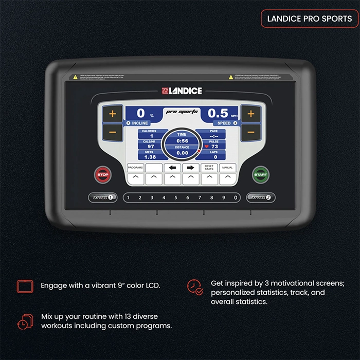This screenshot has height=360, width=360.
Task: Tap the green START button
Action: [260, 174]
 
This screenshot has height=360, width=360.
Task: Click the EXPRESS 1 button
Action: [102, 197]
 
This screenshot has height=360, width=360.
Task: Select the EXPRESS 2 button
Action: [260, 197]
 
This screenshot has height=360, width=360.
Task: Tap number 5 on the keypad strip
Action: [176, 197]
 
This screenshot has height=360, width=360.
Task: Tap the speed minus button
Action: [250, 132]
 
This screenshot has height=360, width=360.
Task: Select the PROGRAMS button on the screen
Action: [135, 168]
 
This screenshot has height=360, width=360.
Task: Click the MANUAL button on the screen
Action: [227, 168]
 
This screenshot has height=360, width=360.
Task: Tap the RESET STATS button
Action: [209, 168]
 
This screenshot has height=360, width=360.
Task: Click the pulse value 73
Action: [214, 147]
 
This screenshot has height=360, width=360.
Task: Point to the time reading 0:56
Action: [182, 140]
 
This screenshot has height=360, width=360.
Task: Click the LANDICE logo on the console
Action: [182, 92]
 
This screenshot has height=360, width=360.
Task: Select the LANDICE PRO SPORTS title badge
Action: [309, 19]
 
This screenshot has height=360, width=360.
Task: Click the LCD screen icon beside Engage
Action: [24, 286]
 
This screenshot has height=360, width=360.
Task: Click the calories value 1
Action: [152, 136]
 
